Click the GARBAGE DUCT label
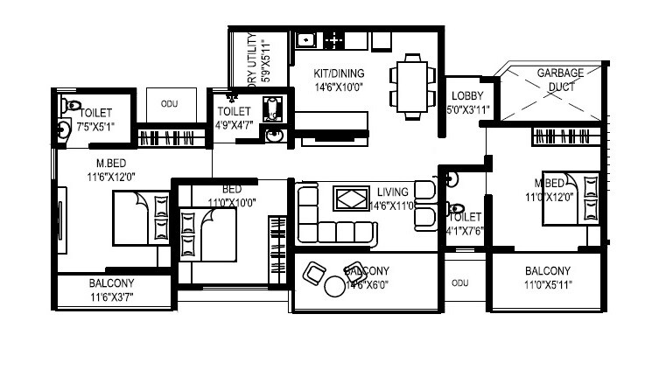554,80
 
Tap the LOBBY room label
462,96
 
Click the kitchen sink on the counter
305,39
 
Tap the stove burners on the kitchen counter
334,39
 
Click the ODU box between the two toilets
170,104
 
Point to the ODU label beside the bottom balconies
459,283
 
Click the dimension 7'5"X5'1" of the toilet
95,127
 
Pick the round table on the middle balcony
335,285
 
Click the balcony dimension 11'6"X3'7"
111,297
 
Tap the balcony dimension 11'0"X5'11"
547,285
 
